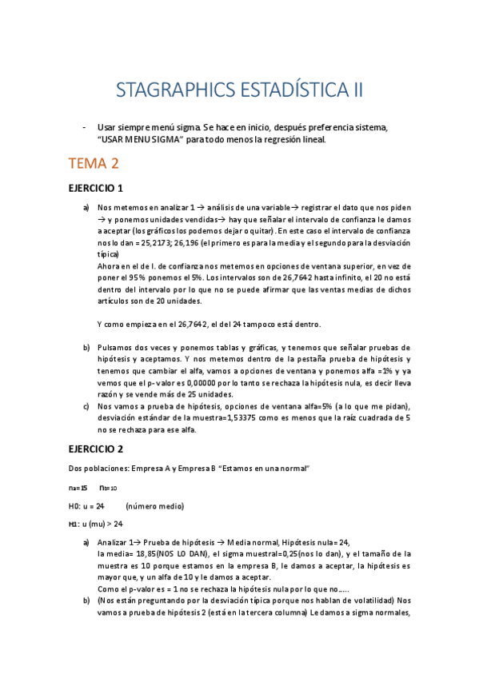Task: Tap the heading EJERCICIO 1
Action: coord(96,189)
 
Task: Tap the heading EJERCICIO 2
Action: coord(96,449)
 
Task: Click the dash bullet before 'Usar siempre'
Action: coord(85,127)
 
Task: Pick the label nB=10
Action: coord(108,487)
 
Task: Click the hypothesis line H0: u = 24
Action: coord(87,505)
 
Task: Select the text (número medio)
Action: coord(155,505)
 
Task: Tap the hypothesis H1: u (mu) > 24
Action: coord(96,524)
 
